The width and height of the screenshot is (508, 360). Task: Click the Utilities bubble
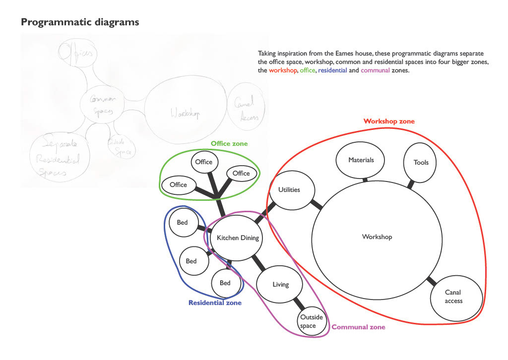pyautogui.click(x=289, y=190)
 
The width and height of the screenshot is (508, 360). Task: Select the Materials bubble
pyautogui.click(x=361, y=160)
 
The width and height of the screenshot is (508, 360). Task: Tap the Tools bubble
pyautogui.click(x=421, y=162)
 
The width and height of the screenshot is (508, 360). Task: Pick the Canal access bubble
pyautogui.click(x=453, y=298)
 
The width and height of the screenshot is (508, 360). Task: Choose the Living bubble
pyautogui.click(x=280, y=285)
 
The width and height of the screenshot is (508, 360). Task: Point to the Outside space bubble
pyautogui.click(x=312, y=321)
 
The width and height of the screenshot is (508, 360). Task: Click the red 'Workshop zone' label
pyautogui.click(x=389, y=121)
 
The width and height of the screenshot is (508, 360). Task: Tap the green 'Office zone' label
pyautogui.click(x=229, y=144)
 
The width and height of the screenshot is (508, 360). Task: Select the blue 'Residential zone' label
pyautogui.click(x=215, y=302)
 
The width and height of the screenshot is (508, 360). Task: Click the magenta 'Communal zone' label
pyautogui.click(x=358, y=327)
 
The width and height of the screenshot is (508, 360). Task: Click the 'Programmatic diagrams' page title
pyautogui.click(x=80, y=22)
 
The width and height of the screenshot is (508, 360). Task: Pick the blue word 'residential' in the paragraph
pyautogui.click(x=332, y=71)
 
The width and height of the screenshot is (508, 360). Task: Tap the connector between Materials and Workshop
pyautogui.click(x=366, y=180)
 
